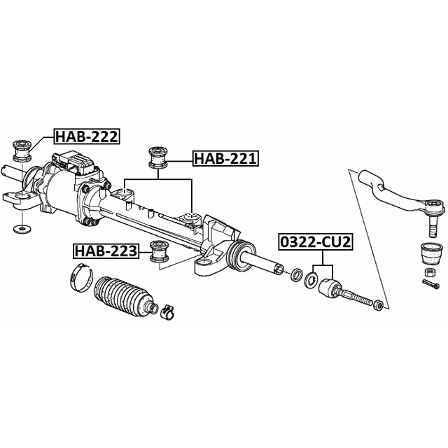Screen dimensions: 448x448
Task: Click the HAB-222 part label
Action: [x=86, y=137]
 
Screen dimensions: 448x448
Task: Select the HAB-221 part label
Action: [x=225, y=159]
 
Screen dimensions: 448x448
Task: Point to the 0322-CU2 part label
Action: [x=315, y=242]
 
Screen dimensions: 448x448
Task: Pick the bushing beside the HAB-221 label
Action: [x=157, y=158]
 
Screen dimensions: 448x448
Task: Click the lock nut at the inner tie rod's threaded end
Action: [x=376, y=304]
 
